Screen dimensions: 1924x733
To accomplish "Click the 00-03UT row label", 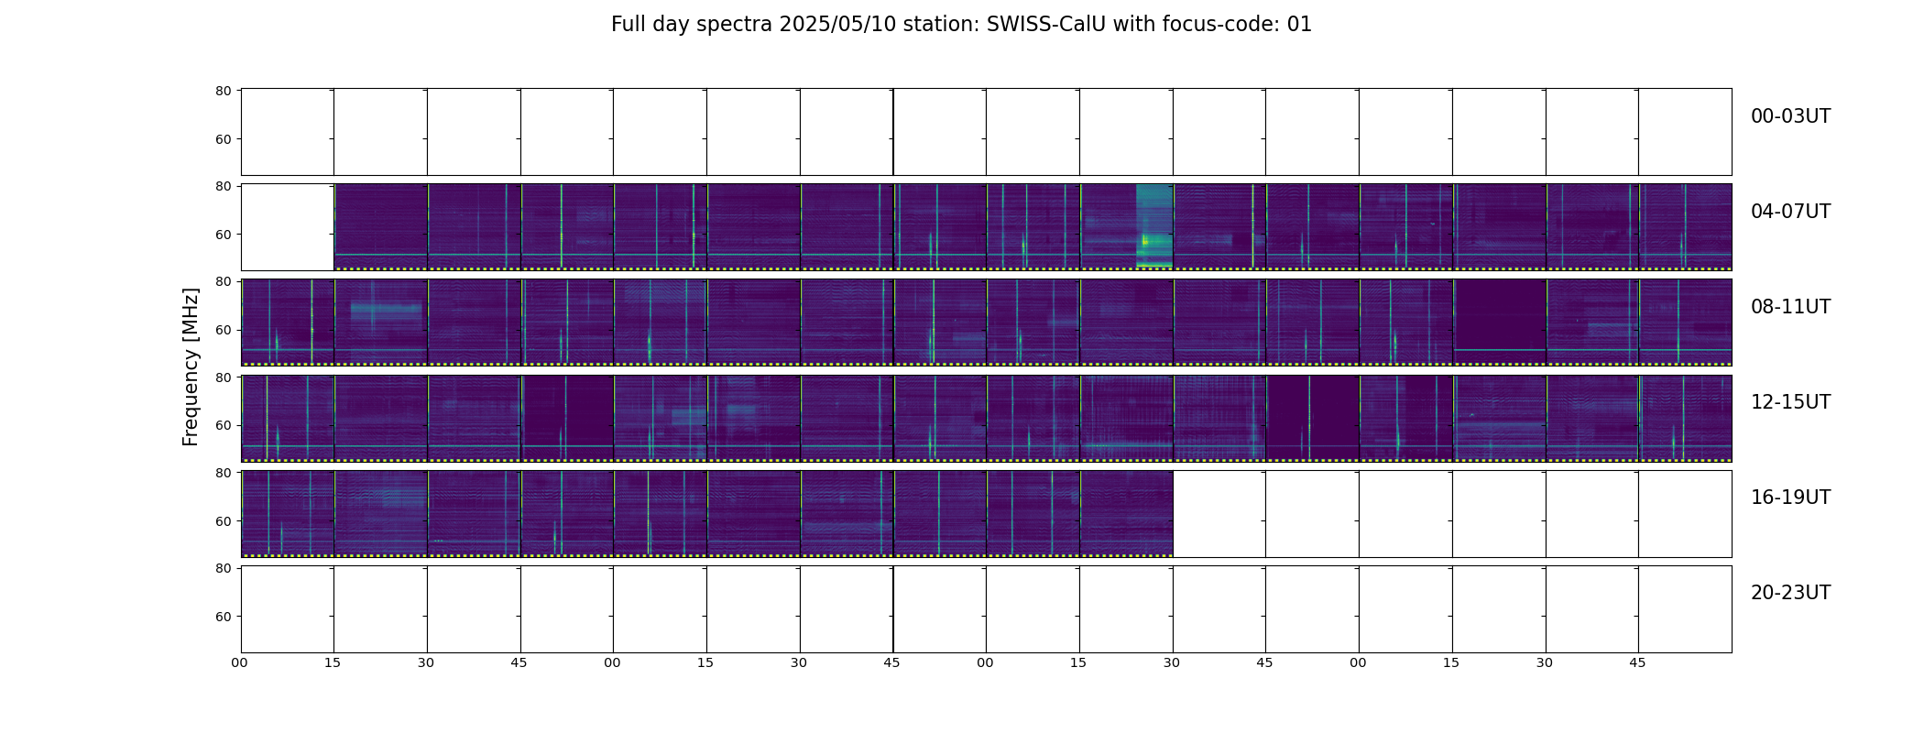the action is (x=1790, y=116).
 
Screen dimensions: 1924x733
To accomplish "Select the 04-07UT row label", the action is (x=1790, y=212).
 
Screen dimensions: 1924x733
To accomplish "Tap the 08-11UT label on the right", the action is (x=1790, y=307).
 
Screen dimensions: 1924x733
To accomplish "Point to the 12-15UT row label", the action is (x=1790, y=402).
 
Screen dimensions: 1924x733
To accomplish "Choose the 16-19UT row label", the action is (x=1790, y=498).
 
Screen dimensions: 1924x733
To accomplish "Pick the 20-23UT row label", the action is (x=1790, y=593).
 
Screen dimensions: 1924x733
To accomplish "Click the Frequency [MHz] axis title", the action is (x=191, y=366).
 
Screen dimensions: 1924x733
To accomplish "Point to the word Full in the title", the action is (x=628, y=25).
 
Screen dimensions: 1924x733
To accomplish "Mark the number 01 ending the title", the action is (x=1299, y=25).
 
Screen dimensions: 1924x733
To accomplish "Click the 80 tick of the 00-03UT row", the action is (x=224, y=91).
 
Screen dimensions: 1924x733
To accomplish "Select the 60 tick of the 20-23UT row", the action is (x=224, y=617).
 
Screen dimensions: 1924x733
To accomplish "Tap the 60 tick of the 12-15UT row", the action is (x=224, y=425).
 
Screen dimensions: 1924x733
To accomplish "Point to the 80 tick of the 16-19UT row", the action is (x=224, y=473).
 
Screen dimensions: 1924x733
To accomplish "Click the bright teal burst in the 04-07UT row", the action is (x=1154, y=226).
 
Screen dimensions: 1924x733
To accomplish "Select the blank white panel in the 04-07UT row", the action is (x=288, y=227).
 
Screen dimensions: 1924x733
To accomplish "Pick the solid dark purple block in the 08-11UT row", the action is (x=1500, y=314).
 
